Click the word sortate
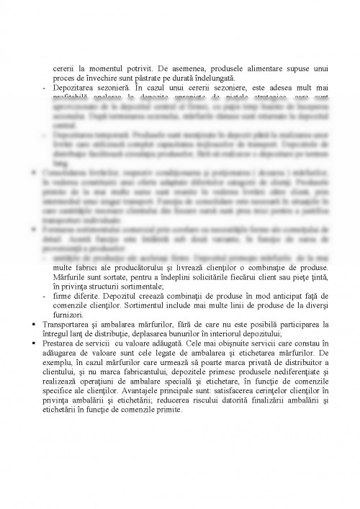click(113, 277)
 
